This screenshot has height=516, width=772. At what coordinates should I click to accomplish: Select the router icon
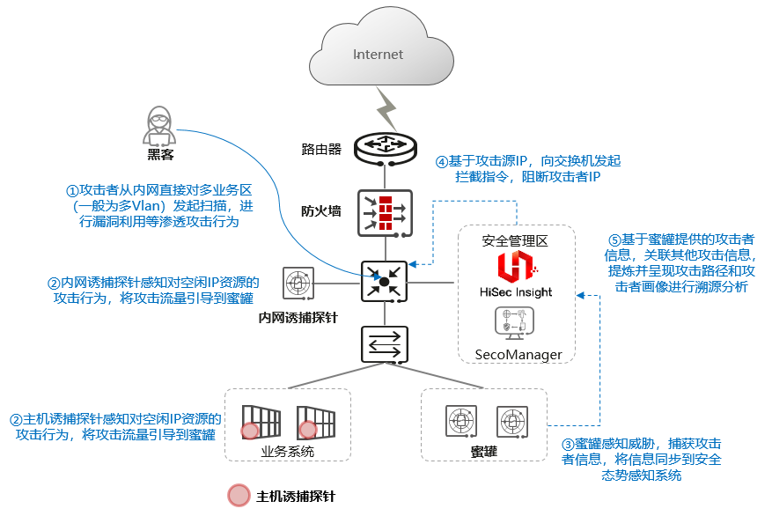(385, 149)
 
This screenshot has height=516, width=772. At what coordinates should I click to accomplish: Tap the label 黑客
(159, 156)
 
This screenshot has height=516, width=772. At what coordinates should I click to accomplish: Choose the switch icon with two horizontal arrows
(385, 344)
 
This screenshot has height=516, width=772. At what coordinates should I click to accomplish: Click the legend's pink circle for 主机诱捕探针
(239, 496)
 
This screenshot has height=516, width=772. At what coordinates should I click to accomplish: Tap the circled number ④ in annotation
(442, 161)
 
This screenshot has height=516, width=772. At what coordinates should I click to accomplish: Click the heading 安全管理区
(515, 240)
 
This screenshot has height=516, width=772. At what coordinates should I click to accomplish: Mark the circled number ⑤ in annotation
(616, 240)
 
